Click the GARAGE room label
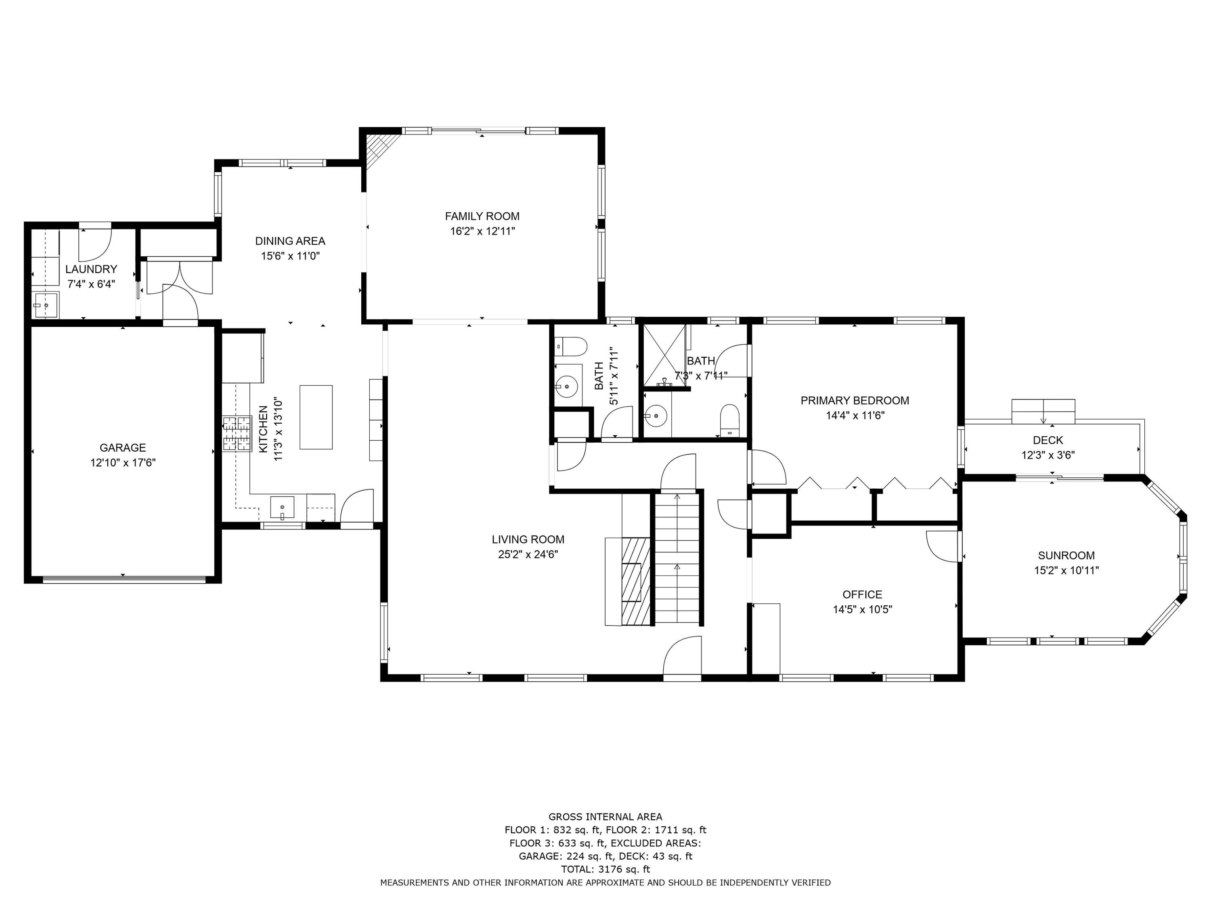pos(123,448)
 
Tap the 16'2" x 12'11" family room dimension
pos(482,231)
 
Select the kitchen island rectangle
pos(316,417)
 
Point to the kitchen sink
pos(282,507)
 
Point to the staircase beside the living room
pos(678,558)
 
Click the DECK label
pos(1048,440)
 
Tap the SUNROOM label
pos(1066,556)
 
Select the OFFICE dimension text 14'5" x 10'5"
pos(862,610)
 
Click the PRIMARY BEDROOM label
pos(855,401)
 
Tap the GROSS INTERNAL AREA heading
pos(605,817)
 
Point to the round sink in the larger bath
pos(655,416)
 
